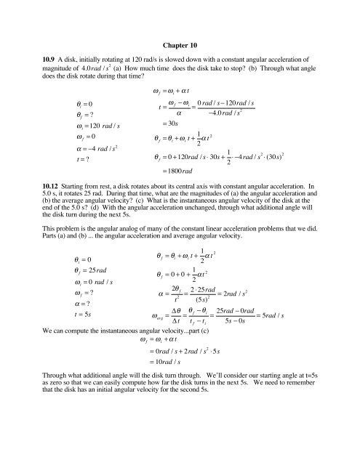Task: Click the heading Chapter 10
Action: pos(180,36)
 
